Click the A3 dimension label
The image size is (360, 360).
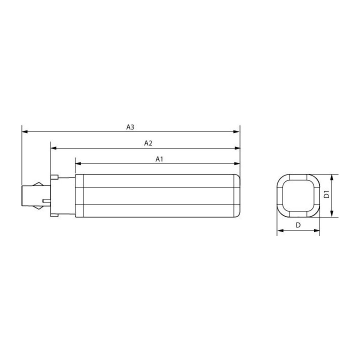(x=130, y=127)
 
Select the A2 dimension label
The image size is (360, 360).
(x=148, y=143)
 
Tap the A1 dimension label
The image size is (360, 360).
(x=159, y=159)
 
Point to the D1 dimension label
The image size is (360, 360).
(x=326, y=195)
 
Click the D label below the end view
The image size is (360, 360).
(x=298, y=225)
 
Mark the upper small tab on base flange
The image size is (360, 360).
(x=55, y=176)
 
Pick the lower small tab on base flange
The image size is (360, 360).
(x=55, y=215)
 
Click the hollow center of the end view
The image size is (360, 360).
(x=298, y=195)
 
